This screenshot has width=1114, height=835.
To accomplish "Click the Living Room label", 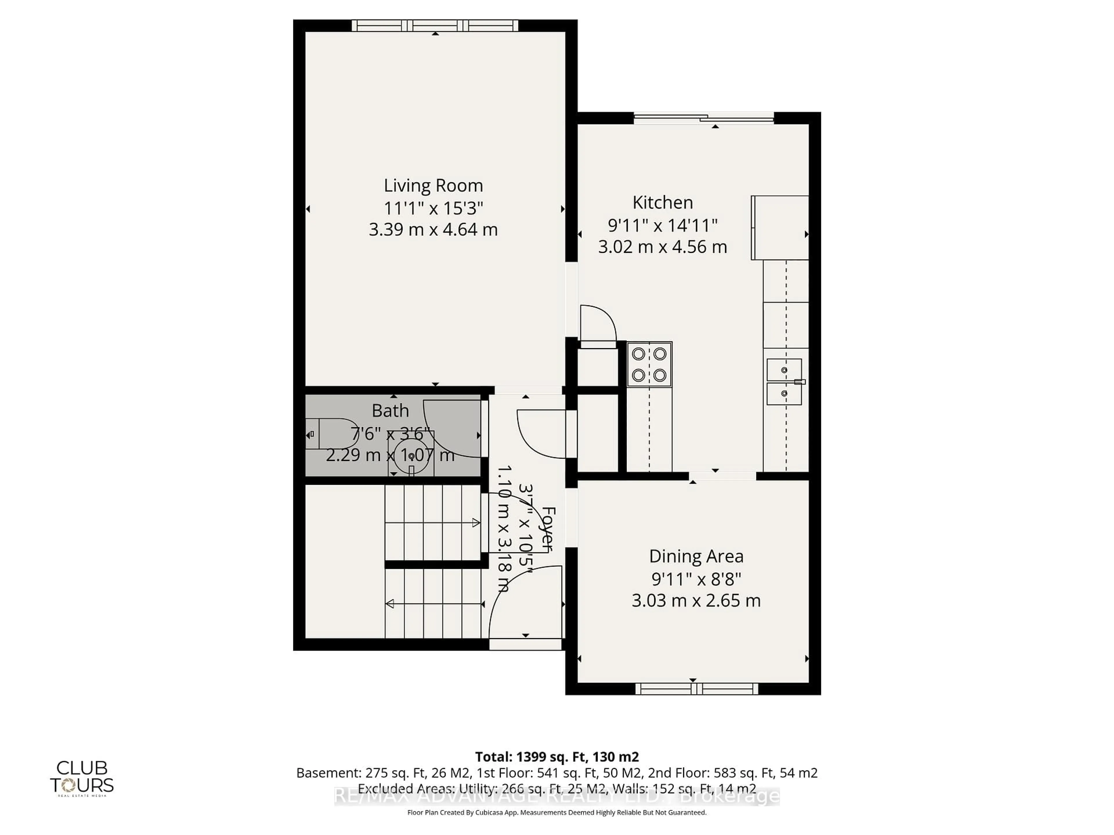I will coord(433,186).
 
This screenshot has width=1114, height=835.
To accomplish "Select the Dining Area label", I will coord(696,556).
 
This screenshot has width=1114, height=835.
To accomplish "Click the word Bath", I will coord(390,411).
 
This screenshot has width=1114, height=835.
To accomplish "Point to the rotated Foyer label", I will coord(548,529).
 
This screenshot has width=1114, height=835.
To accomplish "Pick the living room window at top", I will coord(435,25).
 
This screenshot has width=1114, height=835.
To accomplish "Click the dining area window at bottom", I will coord(697,689).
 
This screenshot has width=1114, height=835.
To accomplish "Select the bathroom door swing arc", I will coord(451,430).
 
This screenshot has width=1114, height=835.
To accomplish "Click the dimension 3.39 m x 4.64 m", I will coord(433,230).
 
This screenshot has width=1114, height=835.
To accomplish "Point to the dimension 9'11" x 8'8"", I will coord(696,579).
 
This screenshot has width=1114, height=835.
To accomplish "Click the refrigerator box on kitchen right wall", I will coord(780,228).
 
